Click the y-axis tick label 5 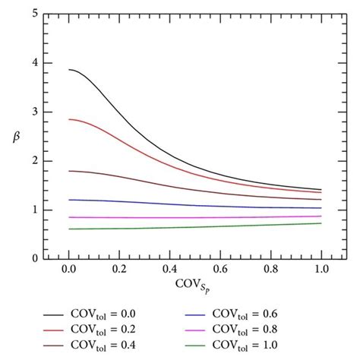35,14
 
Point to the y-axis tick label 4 35,63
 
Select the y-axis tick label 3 35,112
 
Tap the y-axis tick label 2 35,161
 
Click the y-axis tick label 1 35,210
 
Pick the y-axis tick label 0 35,258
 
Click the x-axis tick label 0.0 68,269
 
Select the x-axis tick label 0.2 119,269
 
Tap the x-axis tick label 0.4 169,269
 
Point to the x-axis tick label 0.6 220,269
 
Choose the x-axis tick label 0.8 271,269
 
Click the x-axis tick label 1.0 321,269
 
